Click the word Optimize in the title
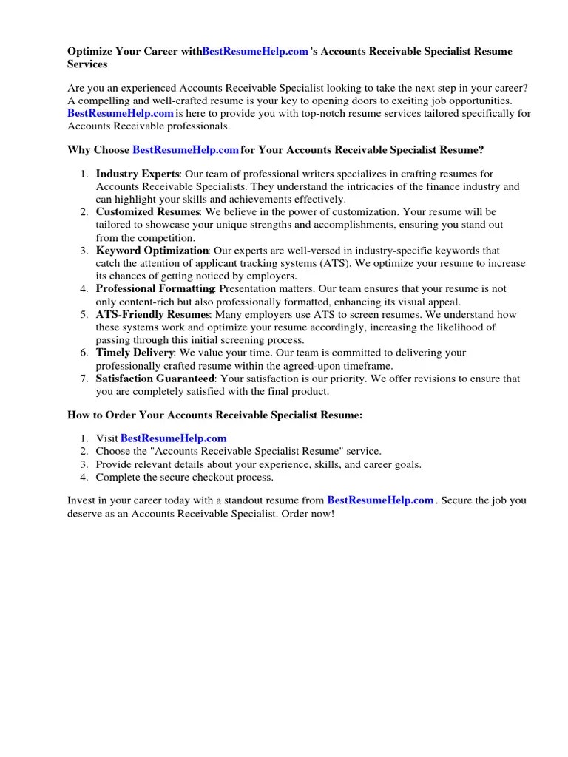coord(91,52)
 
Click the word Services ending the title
coord(88,64)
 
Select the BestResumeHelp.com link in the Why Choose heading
coord(186,150)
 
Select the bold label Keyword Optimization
coord(152,251)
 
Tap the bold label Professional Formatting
coord(155,289)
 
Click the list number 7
coord(83,379)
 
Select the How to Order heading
coord(215,415)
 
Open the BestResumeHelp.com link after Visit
coord(173,438)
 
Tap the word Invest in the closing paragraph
coord(82,500)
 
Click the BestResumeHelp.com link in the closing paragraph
coord(380,500)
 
